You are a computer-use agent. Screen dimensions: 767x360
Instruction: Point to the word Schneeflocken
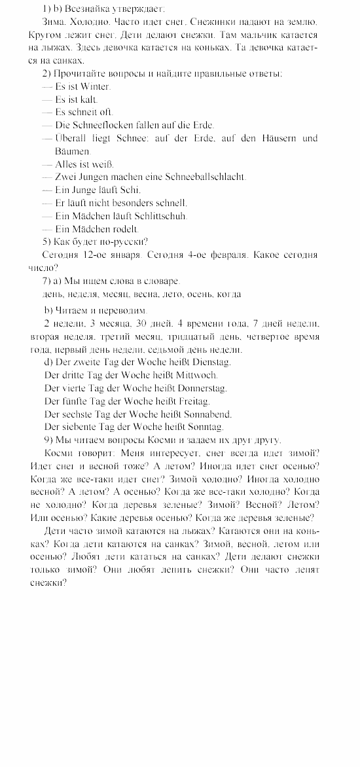(98, 125)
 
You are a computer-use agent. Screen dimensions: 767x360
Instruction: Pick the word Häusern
(277, 138)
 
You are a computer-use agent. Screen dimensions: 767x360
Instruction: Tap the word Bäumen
(72, 151)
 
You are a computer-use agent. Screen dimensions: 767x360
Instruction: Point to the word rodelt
(126, 228)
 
